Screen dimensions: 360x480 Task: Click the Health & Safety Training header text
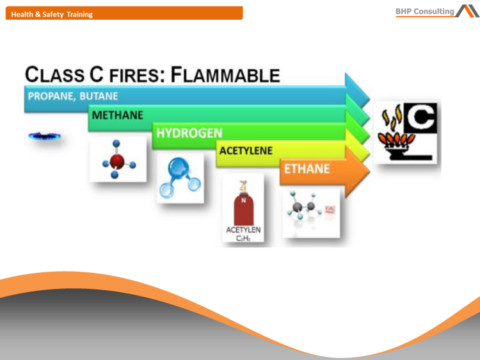pos(52,14)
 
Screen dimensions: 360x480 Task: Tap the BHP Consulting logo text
pos(424,11)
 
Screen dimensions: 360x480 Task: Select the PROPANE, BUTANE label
pos(73,96)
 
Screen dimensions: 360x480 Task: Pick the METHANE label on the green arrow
pos(118,116)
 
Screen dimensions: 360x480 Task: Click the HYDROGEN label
pos(189,133)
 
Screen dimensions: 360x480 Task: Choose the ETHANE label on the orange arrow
pos(307,169)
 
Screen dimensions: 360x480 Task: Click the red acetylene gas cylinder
pos(243,204)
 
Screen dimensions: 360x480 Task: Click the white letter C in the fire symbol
pos(421,119)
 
